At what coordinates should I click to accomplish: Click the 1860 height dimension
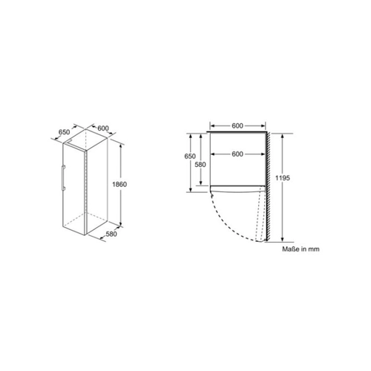[x=119, y=184]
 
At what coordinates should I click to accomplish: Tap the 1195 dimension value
[x=283, y=178]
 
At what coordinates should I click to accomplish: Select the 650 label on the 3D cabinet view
[x=64, y=132]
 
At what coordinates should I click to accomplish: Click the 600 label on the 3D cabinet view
[x=103, y=128]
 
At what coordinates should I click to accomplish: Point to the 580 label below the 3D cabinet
[x=111, y=234]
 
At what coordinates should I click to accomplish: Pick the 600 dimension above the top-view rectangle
[x=237, y=125]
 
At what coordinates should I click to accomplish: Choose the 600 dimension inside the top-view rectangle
[x=237, y=154]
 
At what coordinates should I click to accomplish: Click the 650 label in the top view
[x=190, y=157]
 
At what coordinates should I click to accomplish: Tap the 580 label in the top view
[x=200, y=165]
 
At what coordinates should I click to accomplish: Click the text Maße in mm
[x=301, y=249]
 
